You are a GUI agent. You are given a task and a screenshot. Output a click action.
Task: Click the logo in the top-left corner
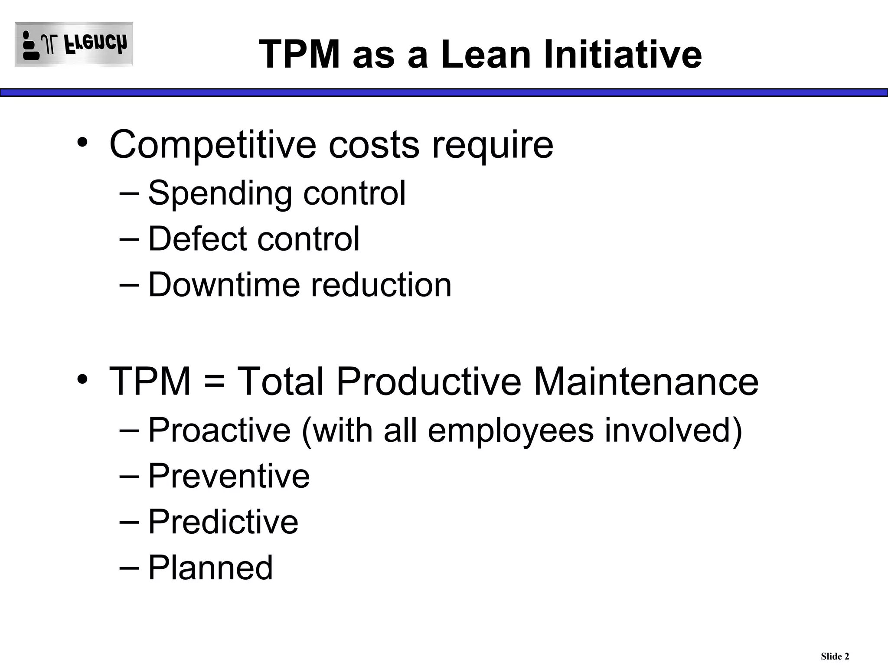(x=74, y=44)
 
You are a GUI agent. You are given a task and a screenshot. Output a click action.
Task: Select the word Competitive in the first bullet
(x=213, y=145)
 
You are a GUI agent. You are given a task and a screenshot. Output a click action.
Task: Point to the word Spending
(x=220, y=193)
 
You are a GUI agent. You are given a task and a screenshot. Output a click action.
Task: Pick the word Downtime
(x=224, y=285)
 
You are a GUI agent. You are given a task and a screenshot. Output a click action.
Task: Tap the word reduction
(x=381, y=285)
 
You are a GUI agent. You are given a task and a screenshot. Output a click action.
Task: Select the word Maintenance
(x=646, y=382)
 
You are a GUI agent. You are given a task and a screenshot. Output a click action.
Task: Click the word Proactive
(x=219, y=430)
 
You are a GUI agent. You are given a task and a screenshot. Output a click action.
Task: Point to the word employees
(x=510, y=431)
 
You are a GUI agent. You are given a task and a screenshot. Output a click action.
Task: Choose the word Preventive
(x=229, y=476)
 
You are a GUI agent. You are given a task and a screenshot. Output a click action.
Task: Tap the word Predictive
(x=223, y=522)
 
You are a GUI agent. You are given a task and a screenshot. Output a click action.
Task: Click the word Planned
(x=211, y=568)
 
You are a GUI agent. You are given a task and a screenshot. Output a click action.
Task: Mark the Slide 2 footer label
(x=835, y=656)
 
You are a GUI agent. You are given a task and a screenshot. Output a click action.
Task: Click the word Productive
(x=428, y=382)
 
